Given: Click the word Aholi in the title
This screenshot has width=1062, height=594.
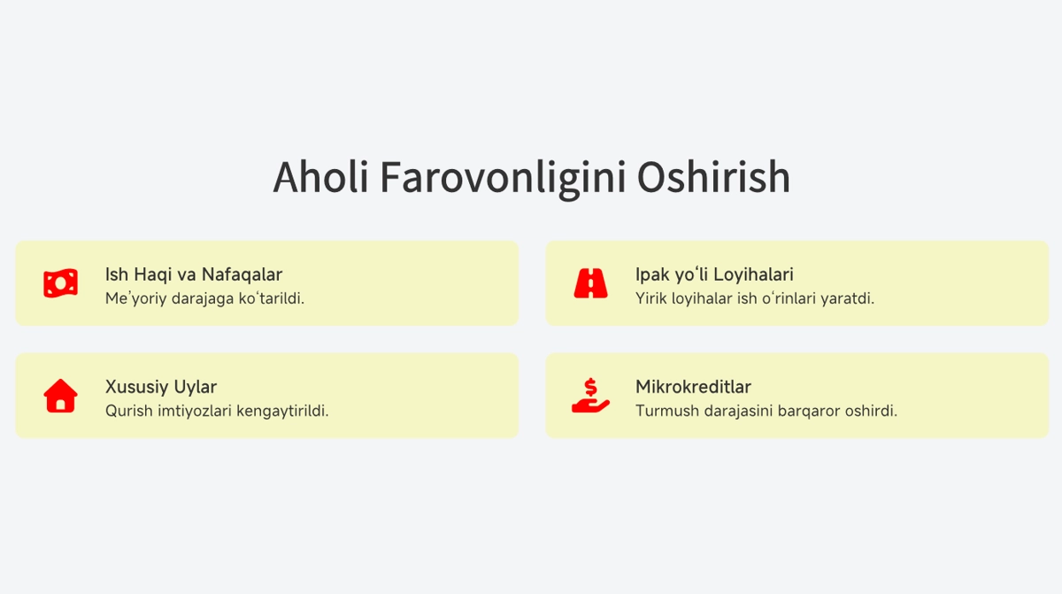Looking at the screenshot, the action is [320, 177].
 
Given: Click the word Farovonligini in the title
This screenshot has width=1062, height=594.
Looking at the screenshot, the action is [503, 179].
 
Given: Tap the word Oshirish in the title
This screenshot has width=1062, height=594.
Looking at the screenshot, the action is [713, 177].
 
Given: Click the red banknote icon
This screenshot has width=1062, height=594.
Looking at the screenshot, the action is [61, 283].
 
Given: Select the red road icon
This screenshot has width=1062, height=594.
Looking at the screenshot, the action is [591, 283].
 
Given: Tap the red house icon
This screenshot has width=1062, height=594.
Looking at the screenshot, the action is [61, 396].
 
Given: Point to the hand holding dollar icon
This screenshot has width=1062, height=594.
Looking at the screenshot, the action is [591, 396].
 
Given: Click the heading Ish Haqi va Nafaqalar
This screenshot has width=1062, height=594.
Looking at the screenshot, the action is [194, 274].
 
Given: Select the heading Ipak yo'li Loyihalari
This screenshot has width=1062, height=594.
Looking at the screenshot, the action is [714, 275].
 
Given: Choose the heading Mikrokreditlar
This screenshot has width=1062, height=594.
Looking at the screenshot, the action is [693, 387].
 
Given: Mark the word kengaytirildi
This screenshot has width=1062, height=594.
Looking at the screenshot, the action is [282, 411].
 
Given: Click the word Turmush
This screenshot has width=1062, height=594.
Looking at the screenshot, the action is [667, 411].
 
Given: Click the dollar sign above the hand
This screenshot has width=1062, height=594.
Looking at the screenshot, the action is [590, 387].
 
